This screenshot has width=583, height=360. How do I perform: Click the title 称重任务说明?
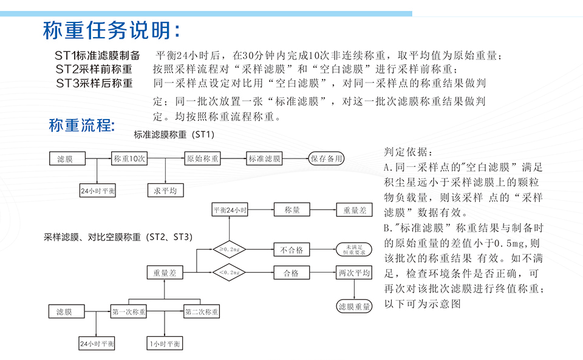click(x=111, y=30)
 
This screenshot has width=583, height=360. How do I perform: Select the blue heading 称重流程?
click(x=82, y=126)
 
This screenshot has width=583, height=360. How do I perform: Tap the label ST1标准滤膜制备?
click(x=97, y=56)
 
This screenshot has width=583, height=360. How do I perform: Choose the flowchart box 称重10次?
click(x=129, y=159)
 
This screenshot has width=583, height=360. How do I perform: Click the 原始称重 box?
click(x=203, y=159)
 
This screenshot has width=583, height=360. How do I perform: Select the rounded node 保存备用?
click(x=326, y=159)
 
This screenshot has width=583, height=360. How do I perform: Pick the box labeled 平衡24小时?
click(x=230, y=210)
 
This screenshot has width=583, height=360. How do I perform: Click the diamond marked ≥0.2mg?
click(x=228, y=249)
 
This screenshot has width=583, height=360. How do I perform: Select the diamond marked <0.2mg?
click(x=228, y=273)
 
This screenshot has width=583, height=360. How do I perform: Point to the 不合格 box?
click(x=291, y=250)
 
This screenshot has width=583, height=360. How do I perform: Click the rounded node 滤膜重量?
click(x=354, y=307)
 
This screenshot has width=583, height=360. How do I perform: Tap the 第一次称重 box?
click(x=129, y=312)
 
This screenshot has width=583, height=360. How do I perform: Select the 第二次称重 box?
click(x=202, y=312)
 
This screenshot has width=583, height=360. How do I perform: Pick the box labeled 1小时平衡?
click(x=165, y=344)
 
